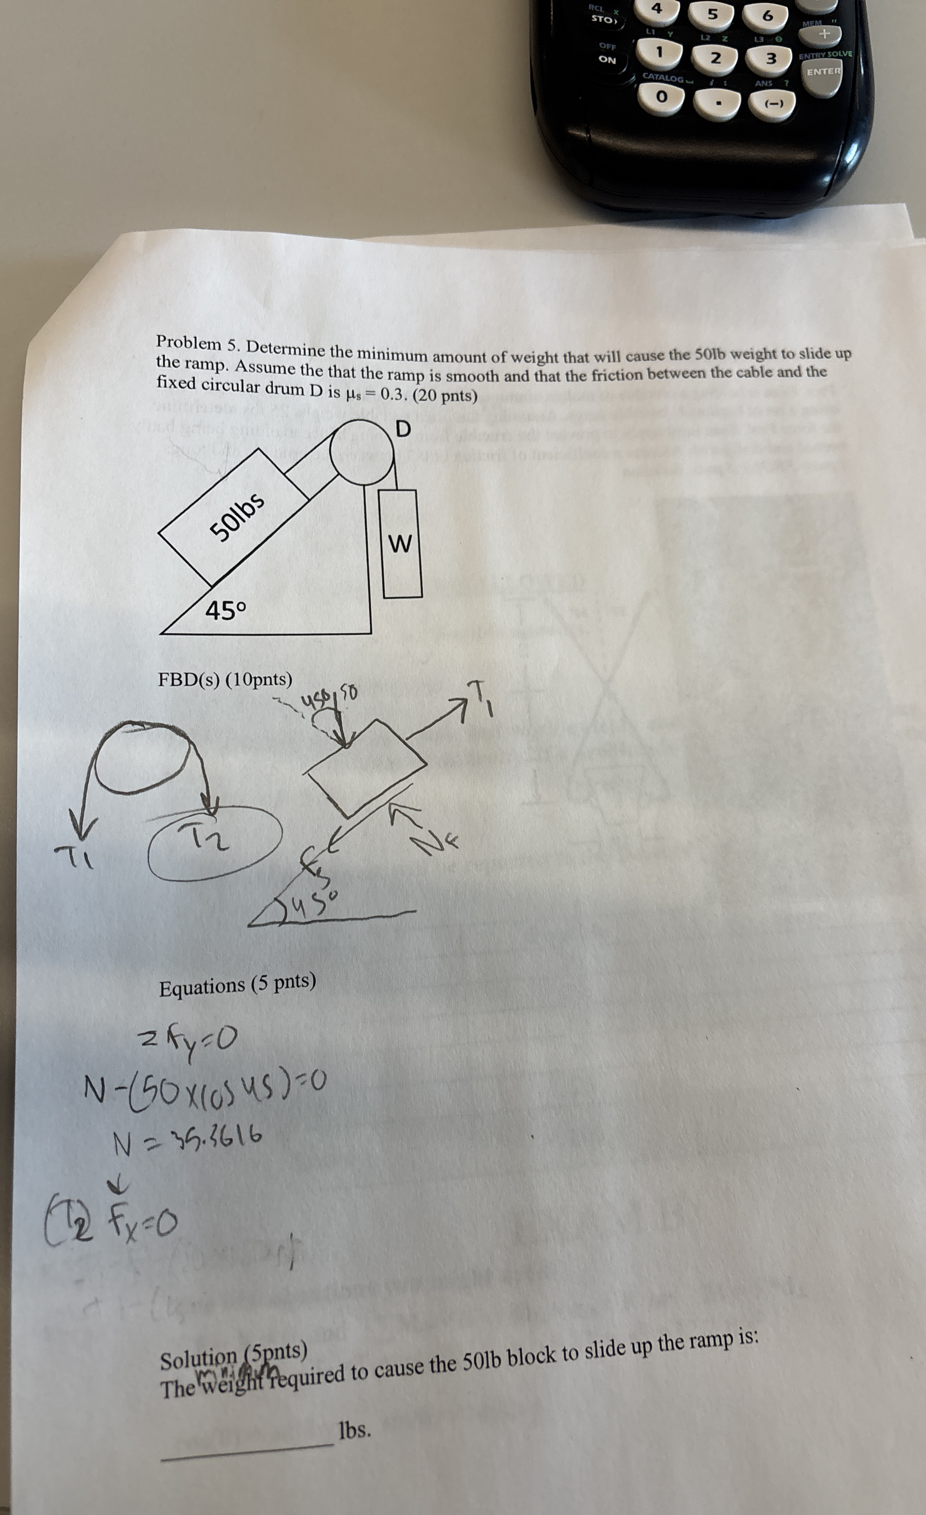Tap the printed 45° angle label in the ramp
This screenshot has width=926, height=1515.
click(x=225, y=611)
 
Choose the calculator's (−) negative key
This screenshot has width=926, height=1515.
click(x=772, y=104)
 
